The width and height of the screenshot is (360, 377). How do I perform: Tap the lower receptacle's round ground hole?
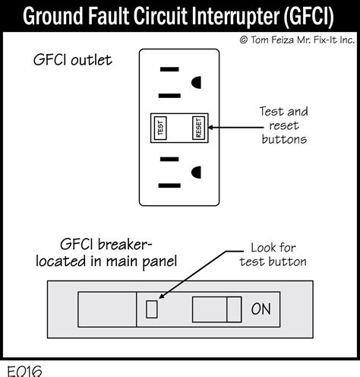click(196, 173)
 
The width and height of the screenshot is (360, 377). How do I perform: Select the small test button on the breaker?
click(151, 308)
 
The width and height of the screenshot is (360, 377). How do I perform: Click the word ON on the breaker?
click(261, 309)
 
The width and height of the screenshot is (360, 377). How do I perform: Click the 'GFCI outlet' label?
click(73, 59)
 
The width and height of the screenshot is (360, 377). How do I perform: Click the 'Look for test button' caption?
click(273, 255)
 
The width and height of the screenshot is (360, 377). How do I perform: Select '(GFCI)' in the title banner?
click(311, 15)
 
